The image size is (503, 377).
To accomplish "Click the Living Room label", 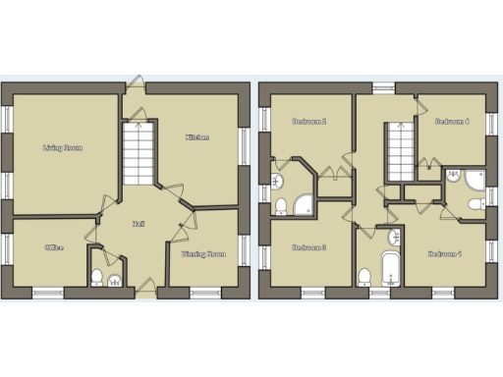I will pos(62,148).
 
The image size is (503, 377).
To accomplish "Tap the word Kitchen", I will pos(196,138).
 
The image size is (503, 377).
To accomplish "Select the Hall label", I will pos(140,224).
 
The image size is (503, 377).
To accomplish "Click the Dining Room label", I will pos(203,254).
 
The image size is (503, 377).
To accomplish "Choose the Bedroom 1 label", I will pos(445,254).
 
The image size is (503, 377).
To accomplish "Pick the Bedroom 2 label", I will pos(308,122).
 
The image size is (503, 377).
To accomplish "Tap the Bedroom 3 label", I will pos(308,247).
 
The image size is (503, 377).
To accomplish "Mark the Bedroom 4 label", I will pos(452,122).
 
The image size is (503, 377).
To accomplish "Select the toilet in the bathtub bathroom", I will pos(363,275).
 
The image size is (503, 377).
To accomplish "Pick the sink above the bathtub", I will pos(395,239).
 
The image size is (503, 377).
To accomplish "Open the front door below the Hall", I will pos(146,289).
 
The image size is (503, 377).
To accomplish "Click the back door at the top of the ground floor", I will pos(138,86).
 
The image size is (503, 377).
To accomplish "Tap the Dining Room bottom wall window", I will pos(203,291).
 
